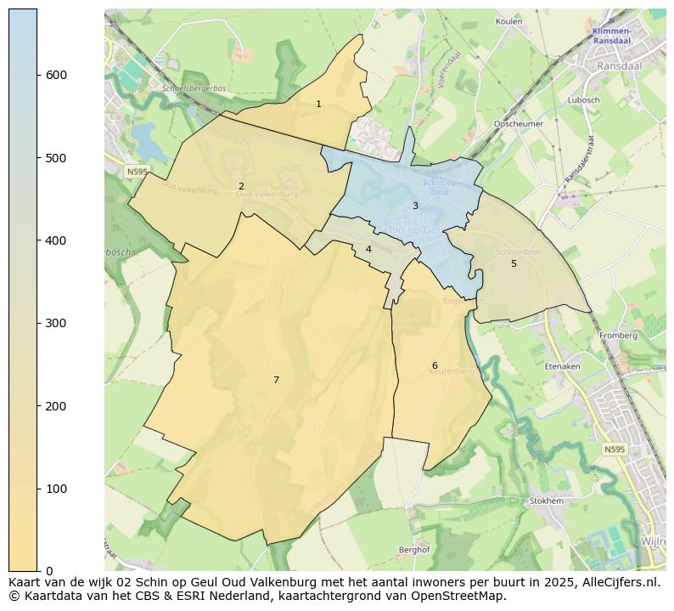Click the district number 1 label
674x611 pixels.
(x=318, y=104)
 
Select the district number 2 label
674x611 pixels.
(x=241, y=186)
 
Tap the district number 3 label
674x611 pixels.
(x=415, y=206)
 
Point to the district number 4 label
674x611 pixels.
(x=368, y=249)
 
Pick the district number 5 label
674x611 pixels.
(x=514, y=263)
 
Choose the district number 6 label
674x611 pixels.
(x=435, y=365)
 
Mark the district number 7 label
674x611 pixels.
(x=276, y=380)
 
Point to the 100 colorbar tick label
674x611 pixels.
(x=56, y=489)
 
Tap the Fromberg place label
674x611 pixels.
(x=618, y=336)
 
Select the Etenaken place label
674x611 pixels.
(x=562, y=366)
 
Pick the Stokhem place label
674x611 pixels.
(x=546, y=501)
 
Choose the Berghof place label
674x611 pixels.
(x=414, y=550)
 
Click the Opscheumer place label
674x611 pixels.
(x=519, y=123)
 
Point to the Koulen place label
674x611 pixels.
(x=508, y=20)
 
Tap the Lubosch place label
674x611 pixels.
(x=584, y=99)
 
